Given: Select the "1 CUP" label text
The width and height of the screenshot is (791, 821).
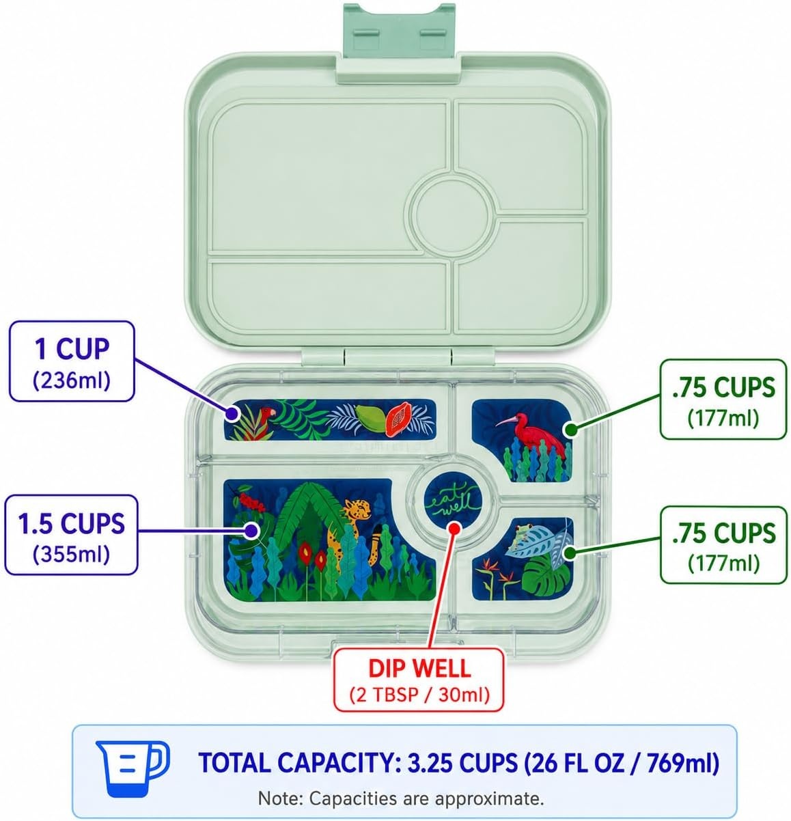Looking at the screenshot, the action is point(72,349).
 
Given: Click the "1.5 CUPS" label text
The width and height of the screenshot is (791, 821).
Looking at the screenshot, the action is point(71,524).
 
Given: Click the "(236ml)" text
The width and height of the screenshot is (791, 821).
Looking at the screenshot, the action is point(72,381).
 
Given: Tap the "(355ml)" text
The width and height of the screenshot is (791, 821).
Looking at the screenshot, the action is point(71,555).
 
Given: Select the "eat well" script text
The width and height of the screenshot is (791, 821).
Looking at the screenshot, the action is point(453,499).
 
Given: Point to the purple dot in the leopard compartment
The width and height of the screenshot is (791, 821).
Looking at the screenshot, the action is point(252,530).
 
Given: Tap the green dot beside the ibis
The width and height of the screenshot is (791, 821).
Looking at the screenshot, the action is point(570,430).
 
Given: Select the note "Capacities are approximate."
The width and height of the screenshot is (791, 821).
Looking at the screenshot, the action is point(426,798).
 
